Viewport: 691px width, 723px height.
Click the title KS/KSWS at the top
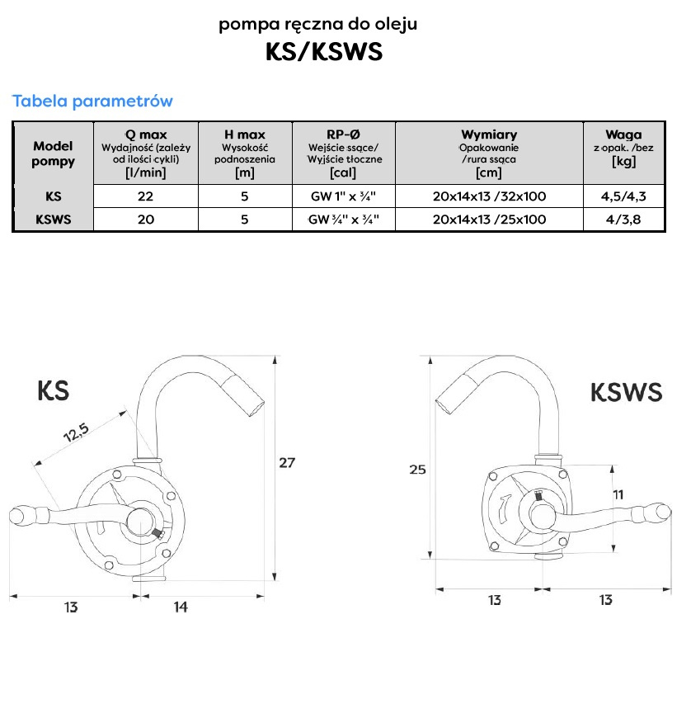[323, 52]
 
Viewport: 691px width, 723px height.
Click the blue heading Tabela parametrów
[92, 102]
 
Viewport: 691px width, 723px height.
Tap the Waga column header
[623, 135]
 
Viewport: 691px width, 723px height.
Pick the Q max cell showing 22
[146, 197]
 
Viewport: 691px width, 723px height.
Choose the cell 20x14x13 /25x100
[489, 220]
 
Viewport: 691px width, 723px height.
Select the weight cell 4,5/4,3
[623, 197]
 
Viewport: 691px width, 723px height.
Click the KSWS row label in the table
[53, 220]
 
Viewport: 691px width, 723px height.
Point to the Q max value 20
[146, 220]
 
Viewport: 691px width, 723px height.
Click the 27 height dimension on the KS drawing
[286, 463]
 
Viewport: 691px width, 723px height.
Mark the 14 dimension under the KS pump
[181, 607]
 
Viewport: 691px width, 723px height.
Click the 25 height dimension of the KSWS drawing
[418, 470]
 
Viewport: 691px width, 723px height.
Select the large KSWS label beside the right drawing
[626, 392]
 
